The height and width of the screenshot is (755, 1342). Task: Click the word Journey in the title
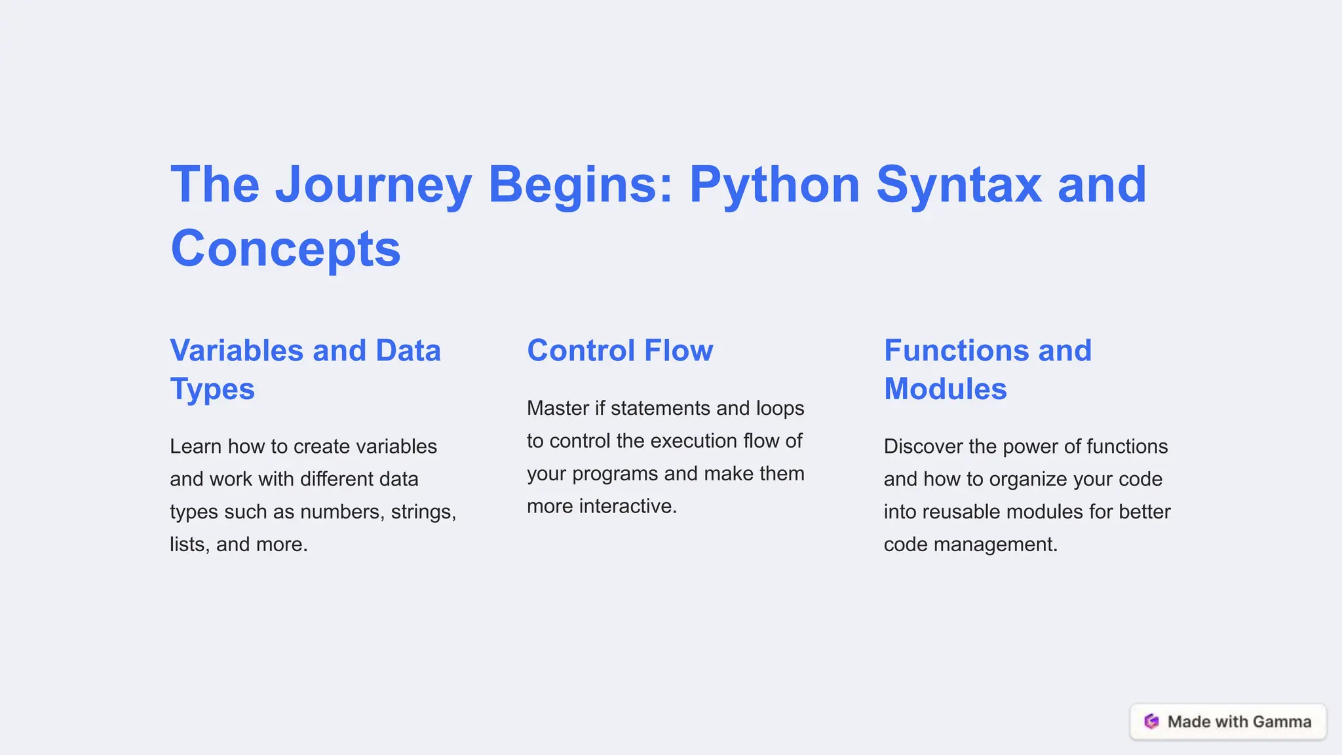[374, 185]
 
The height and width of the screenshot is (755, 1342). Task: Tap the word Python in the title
[774, 185]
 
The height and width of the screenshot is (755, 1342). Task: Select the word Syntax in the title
[958, 185]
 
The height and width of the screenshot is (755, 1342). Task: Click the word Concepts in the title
[286, 250]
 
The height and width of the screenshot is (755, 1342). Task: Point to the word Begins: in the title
[581, 185]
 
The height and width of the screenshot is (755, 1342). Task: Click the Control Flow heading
[620, 351]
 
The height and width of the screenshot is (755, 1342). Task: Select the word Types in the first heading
[212, 389]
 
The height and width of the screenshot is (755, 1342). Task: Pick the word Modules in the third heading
[945, 389]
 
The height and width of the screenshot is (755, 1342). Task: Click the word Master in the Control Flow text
[558, 408]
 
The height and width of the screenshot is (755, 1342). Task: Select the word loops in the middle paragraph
[780, 408]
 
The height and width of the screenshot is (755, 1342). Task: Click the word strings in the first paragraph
[423, 512]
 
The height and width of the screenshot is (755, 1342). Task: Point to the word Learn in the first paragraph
[196, 446]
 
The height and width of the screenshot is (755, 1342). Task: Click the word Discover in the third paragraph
[923, 446]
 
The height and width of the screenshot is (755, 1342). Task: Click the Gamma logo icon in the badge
[1151, 722]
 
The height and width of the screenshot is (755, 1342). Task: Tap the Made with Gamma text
[1239, 722]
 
